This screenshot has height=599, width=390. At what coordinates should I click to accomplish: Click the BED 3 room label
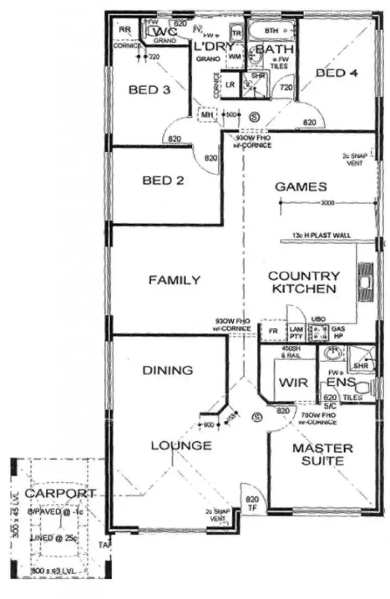[x=149, y=90]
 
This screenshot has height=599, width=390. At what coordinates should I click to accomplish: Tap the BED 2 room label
[x=163, y=181]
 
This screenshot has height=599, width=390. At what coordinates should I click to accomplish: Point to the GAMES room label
[x=301, y=187]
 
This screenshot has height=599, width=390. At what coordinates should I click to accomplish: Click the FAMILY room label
[x=174, y=281]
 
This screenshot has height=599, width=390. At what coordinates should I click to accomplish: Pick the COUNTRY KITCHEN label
[x=304, y=282]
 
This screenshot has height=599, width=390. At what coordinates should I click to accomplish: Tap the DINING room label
[x=167, y=371]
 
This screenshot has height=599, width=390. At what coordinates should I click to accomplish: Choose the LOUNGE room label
[x=181, y=446]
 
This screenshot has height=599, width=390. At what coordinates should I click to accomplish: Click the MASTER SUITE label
[x=322, y=454]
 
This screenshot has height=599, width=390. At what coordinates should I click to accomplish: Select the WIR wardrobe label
[x=293, y=383]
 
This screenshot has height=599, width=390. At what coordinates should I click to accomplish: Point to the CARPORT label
[x=60, y=493]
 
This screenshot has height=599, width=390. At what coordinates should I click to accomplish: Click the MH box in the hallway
[x=208, y=114]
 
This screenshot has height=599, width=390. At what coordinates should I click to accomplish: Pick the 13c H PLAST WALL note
[x=321, y=236]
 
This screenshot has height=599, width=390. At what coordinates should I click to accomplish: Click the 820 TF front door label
[x=252, y=503]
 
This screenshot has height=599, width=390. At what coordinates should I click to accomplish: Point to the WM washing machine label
[x=235, y=56]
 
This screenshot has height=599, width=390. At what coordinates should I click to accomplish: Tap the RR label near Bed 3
[x=124, y=30]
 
